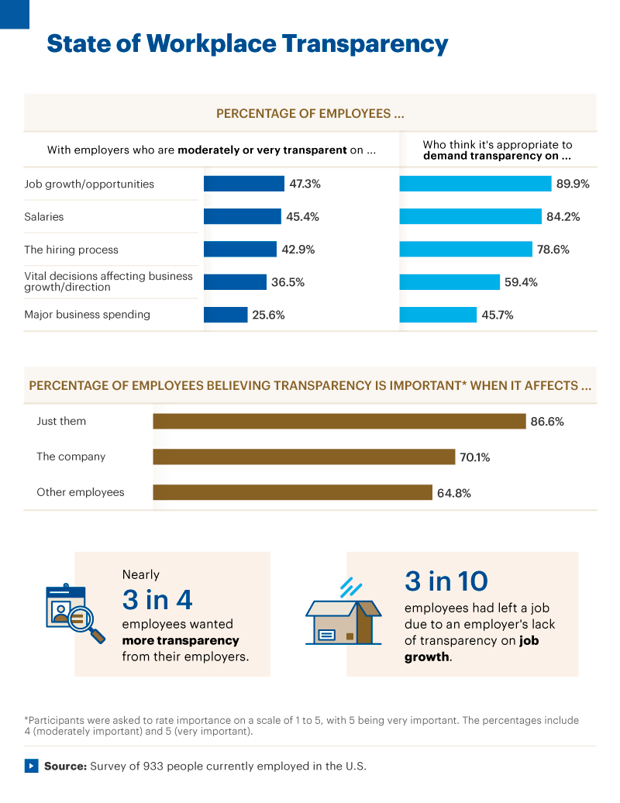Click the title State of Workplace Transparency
point(247,43)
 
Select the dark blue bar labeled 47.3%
point(243,184)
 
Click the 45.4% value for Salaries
point(302,217)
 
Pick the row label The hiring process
point(71,250)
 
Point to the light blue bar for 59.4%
point(449,282)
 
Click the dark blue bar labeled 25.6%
point(225,315)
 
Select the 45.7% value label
point(498,315)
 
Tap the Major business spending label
point(87,315)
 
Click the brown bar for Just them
point(339,421)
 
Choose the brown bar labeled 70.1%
point(304,457)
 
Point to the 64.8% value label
point(455,492)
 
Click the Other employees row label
point(80,492)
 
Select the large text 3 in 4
point(157,600)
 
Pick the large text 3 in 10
point(446,581)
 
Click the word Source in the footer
point(64,766)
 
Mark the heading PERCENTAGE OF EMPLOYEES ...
point(310,113)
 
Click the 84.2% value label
point(563,217)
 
